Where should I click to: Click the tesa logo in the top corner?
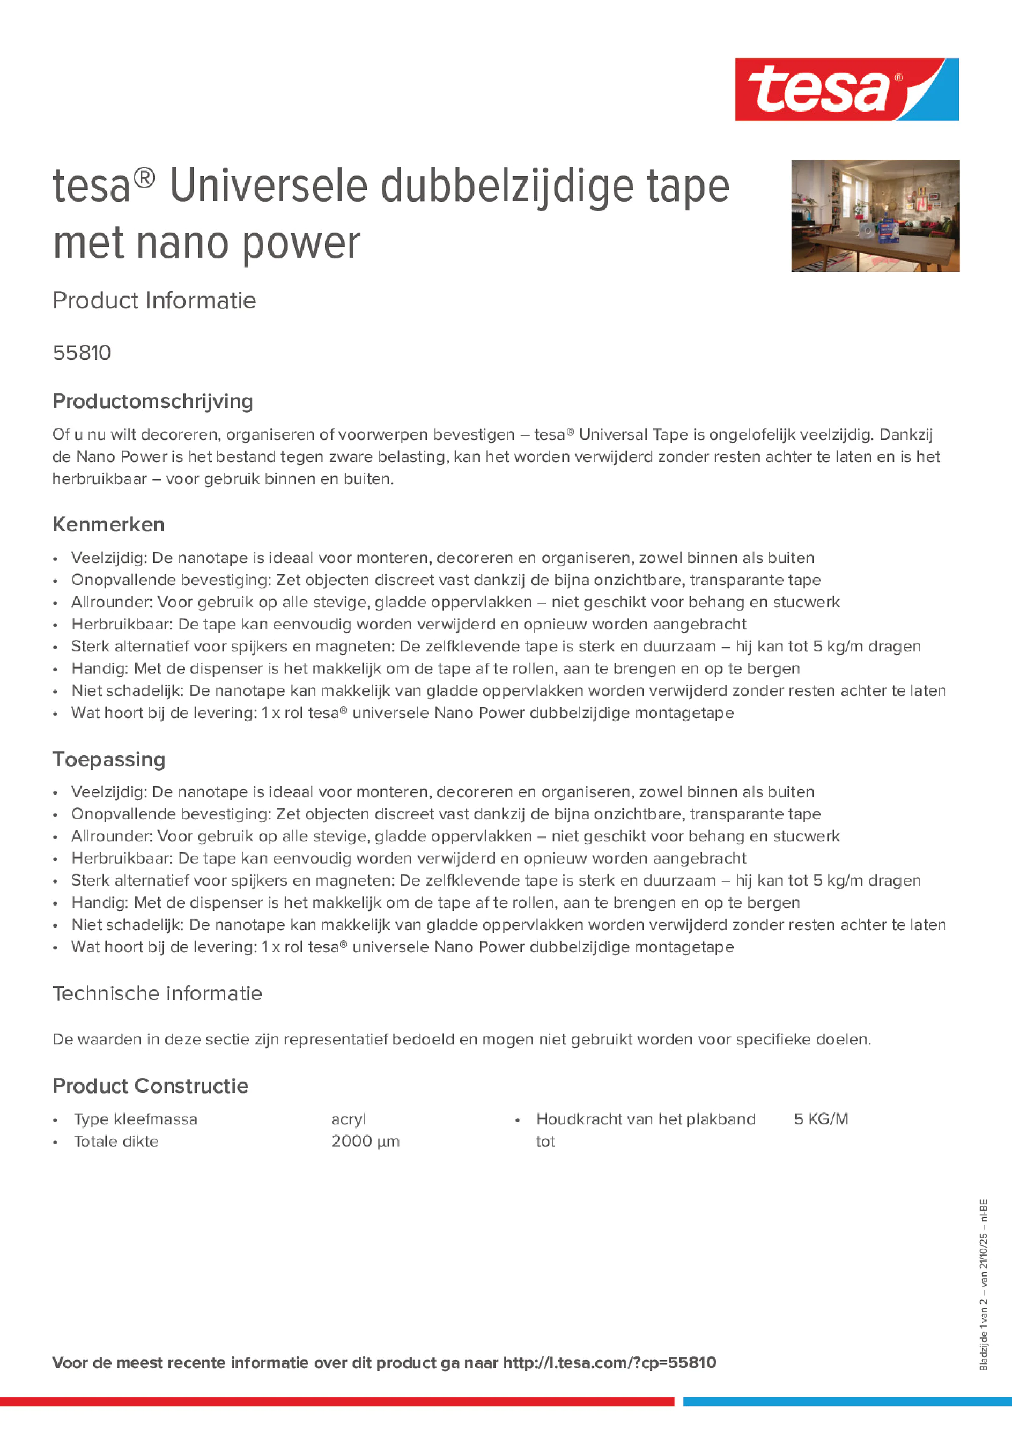[846, 90]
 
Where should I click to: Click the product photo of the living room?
[875, 216]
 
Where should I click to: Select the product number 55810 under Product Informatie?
[82, 353]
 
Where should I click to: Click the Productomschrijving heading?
[152, 401]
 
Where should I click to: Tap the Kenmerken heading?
[108, 524]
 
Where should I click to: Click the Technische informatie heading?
[157, 993]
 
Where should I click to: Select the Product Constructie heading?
[150, 1086]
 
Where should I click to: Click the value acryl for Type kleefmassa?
[348, 1119]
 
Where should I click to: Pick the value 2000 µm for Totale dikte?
[365, 1141]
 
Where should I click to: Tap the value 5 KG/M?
[821, 1119]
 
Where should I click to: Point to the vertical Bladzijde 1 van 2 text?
[983, 1285]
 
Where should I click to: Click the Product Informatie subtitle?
[154, 301]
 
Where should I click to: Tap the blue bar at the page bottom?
[846, 1401]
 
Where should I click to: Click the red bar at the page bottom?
[337, 1401]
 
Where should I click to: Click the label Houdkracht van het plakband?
[645, 1119]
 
